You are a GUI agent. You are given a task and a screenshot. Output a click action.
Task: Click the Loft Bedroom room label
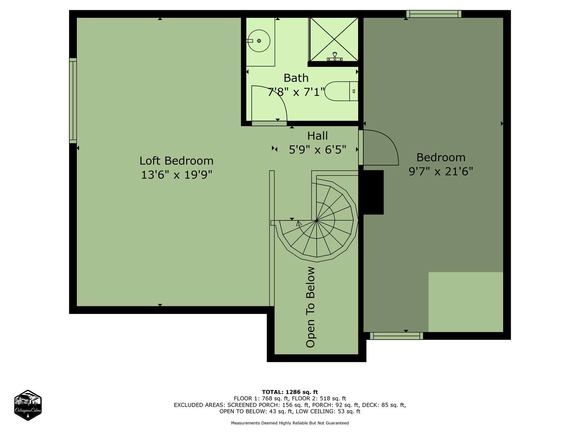pos(176,161)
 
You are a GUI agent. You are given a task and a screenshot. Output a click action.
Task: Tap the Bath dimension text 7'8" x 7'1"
pos(296,92)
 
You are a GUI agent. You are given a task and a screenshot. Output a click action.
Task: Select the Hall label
pos(317,136)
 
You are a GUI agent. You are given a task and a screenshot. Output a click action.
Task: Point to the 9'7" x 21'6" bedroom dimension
pos(441,171)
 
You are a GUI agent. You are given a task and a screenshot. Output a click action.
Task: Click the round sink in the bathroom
pos(259,41)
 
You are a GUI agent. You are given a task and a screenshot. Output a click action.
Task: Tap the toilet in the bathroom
pos(341,91)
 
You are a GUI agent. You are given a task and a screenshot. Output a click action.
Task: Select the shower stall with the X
pos(334,40)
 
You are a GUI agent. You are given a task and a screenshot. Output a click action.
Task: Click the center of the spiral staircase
pos(316,220)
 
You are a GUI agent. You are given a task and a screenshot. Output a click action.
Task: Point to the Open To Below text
pos(310,307)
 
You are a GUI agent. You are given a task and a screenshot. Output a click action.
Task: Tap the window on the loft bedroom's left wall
pos(73,101)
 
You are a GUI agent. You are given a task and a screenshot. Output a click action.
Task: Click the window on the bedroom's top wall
pos(434,14)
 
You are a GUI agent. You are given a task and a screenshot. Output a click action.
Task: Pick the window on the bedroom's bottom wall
pos(396,336)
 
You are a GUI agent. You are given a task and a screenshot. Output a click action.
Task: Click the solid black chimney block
pos(373,192)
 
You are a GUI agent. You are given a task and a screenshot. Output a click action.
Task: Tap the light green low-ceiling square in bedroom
pos(465,302)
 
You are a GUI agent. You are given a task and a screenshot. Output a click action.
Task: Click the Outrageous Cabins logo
pos(28,405)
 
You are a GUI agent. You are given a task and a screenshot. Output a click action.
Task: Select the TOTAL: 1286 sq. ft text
pos(290,392)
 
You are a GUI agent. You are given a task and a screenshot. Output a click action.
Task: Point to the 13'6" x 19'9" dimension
pos(177,175)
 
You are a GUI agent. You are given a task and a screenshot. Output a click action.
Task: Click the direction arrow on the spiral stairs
pos(299,223)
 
